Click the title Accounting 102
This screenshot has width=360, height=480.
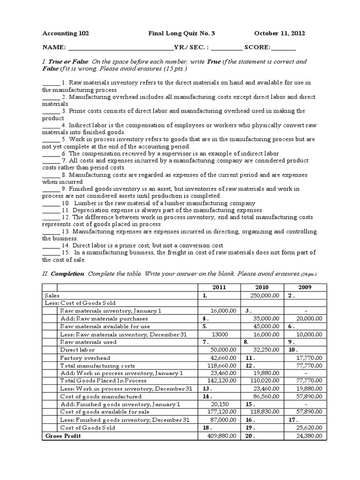tap(66, 33)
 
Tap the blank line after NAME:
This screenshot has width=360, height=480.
tap(120, 48)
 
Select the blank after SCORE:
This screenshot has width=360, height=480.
tap(284, 48)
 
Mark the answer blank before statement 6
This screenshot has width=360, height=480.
tap(51, 154)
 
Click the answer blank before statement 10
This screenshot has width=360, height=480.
tap(51, 203)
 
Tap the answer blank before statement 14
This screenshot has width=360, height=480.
tap(51, 246)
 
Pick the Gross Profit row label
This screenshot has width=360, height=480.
tap(63, 436)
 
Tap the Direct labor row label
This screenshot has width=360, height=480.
tap(77, 350)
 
